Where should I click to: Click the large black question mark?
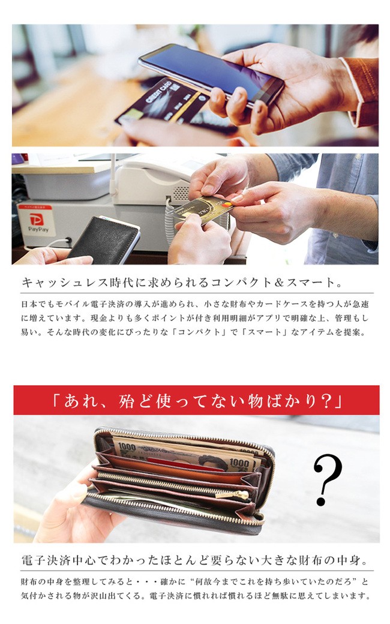click(x=327, y=479)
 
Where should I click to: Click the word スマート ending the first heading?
click(x=311, y=283)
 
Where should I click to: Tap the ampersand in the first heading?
click(x=279, y=283)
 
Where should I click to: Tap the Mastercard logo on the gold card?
click(x=226, y=205)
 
